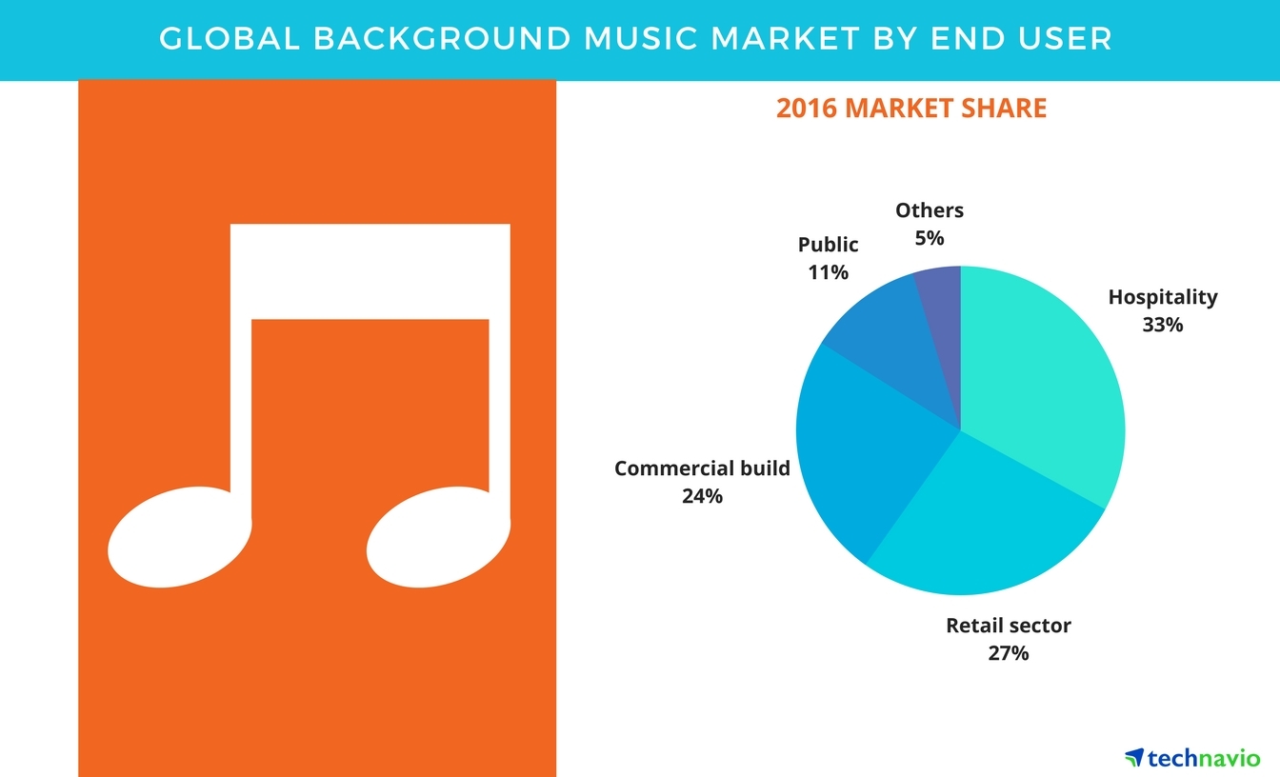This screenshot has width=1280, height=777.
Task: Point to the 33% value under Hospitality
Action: [x=1162, y=325]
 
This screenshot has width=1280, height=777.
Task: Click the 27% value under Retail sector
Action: [x=1008, y=653]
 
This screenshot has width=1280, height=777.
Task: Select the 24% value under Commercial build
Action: [x=702, y=496]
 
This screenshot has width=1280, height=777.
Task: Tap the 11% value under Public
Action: [x=828, y=272]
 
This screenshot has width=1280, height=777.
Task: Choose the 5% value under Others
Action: [x=930, y=238]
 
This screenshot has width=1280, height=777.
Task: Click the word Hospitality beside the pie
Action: [x=1163, y=298]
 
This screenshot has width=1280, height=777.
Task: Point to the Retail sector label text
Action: [x=1009, y=626]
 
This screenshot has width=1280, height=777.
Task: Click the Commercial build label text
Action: [x=702, y=468]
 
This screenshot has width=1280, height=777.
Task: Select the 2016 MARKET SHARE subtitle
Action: [x=911, y=108]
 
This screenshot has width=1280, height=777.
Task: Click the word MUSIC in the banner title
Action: [x=641, y=38]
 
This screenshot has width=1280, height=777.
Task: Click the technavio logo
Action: [x=1192, y=758]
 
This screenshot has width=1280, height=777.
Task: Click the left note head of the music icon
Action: [x=179, y=537]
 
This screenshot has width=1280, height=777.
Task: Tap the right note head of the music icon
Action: [x=438, y=537]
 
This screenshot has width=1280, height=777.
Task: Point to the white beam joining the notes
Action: [x=370, y=271]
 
